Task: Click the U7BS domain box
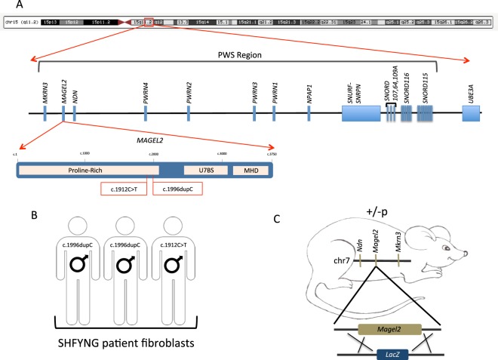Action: point(205,171)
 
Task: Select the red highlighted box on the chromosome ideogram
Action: point(149,24)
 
